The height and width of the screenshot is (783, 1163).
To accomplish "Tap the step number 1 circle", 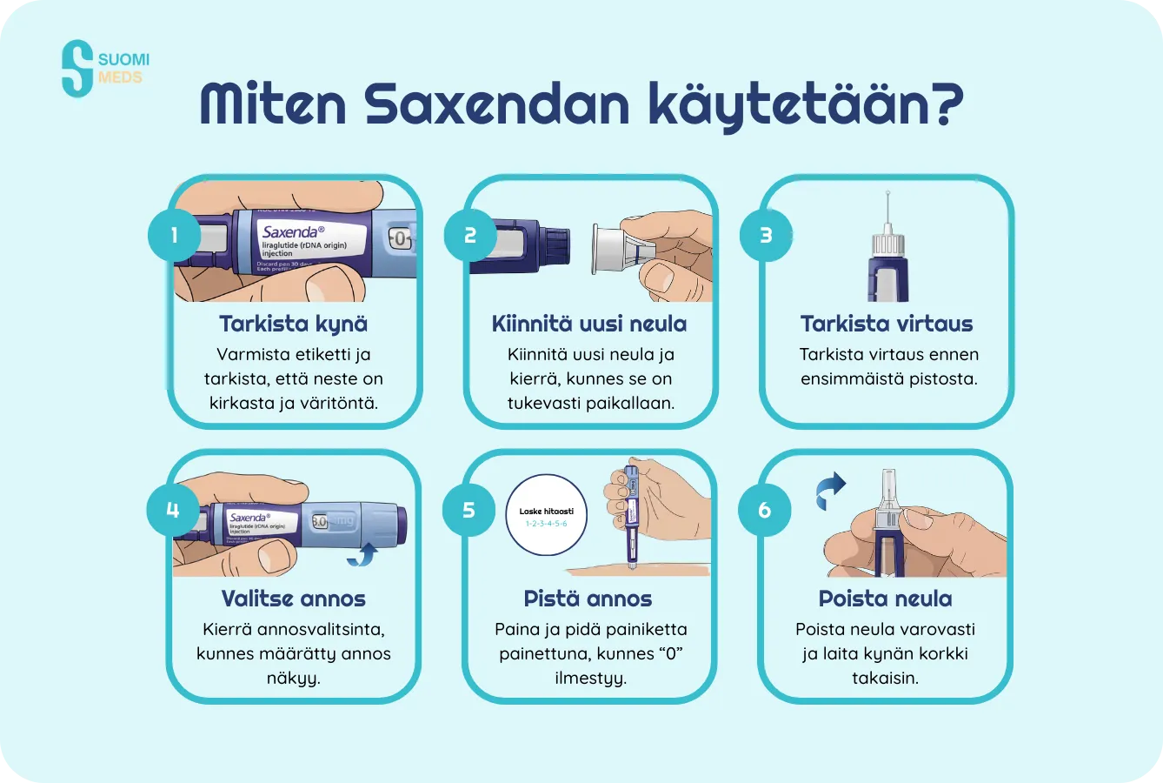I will point(174,235).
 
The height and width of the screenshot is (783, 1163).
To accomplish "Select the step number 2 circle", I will point(470,235).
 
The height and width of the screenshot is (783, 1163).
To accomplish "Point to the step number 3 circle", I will point(766,235).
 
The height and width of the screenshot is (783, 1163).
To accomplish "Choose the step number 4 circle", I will point(173,509).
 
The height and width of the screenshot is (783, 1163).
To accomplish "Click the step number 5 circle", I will point(469,509).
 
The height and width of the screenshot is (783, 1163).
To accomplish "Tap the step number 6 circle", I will point(765,509).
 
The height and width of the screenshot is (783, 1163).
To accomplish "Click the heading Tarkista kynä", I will point(293,324).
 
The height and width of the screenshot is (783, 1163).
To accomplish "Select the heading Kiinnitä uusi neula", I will point(589,324).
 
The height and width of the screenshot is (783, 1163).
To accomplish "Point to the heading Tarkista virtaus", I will point(887,324).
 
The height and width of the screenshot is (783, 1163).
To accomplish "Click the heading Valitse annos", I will point(293,599).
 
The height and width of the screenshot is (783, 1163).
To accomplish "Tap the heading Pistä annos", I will point(588,599).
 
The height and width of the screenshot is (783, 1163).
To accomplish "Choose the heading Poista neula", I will point(885,599).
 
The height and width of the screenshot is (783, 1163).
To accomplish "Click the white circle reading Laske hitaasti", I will point(546,515).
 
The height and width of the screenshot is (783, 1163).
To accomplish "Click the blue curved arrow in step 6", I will point(831,491).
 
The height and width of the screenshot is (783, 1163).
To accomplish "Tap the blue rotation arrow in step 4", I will point(363,554).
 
